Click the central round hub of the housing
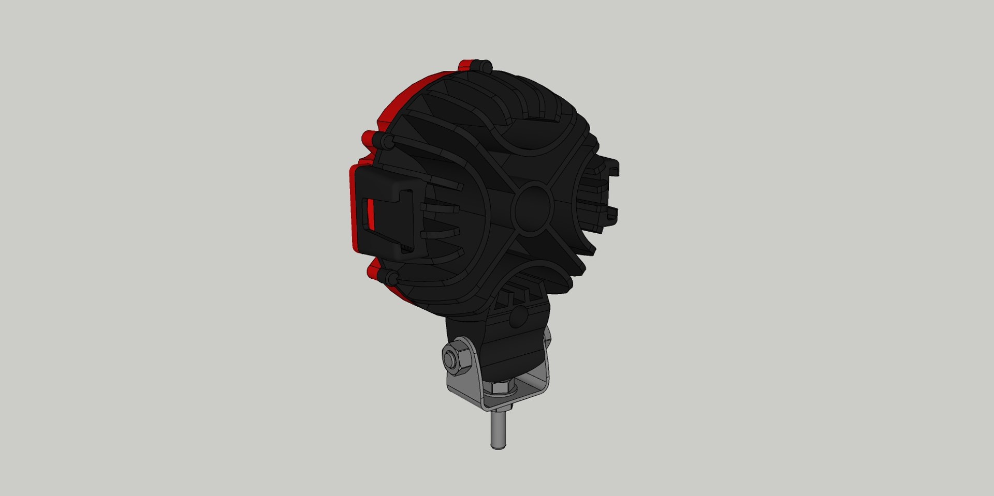tap(533, 207)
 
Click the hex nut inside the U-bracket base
tap(500, 387)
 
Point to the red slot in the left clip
tap(370, 214)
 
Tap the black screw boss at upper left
tap(383, 140)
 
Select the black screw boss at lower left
tap(391, 278)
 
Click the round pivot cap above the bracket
tap(519, 317)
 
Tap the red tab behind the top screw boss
tap(466, 66)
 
